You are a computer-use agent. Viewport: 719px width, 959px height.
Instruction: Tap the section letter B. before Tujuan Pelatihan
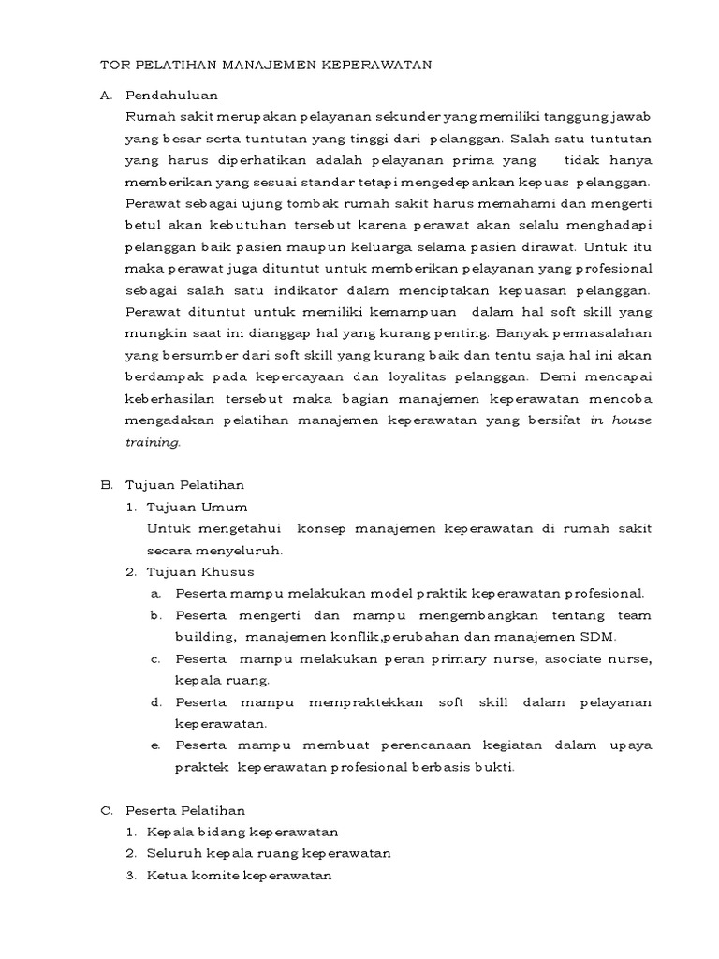coord(107,484)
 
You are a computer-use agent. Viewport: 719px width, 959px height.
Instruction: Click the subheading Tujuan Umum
coord(197,507)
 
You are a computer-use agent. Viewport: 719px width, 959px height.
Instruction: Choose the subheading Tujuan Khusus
coord(200,571)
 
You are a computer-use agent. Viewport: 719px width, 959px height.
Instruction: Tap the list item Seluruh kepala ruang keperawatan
coord(269,853)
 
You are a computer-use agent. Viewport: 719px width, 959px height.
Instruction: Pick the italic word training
coord(152,442)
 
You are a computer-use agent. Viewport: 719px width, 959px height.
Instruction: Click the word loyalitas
coord(457,376)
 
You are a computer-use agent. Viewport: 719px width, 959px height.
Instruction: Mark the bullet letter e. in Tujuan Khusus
coord(154,745)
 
